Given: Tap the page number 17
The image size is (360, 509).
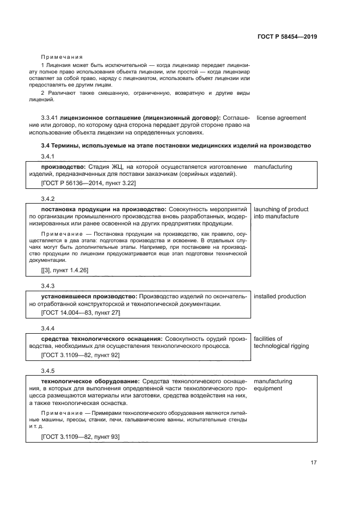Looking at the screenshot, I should (313, 463).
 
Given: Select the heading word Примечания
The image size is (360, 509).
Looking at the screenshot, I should (62, 57).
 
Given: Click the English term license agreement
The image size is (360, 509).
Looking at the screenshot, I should (281, 118).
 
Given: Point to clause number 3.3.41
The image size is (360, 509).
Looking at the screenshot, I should (50, 118).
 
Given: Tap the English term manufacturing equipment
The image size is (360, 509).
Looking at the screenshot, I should (273, 385).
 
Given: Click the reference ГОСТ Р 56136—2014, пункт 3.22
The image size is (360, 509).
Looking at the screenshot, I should (88, 183).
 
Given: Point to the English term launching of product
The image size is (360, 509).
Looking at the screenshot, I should (281, 210).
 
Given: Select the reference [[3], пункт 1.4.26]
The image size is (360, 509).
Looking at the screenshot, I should (64, 270).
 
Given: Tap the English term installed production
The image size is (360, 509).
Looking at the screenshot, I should (280, 297).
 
